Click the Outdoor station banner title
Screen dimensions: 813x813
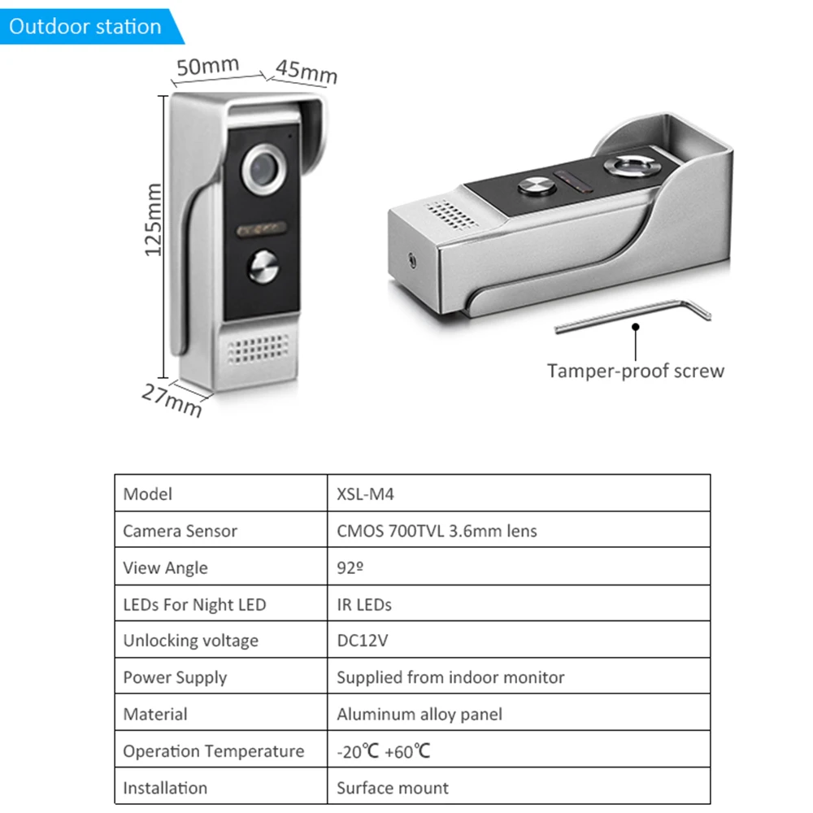coord(85,26)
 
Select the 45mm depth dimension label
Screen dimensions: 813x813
coord(306,72)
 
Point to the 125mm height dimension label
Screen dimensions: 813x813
coord(154,220)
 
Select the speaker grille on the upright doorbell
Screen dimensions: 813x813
coord(259,350)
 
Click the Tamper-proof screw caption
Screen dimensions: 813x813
coord(635,372)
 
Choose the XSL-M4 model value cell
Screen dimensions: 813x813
coord(365,494)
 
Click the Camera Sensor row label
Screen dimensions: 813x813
coord(180,531)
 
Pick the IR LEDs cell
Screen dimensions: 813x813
coord(364,604)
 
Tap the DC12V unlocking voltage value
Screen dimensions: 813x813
coord(363,641)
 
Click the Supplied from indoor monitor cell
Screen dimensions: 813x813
coord(450,677)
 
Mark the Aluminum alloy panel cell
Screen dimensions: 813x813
coord(420,715)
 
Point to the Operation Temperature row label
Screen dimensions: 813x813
coord(213,751)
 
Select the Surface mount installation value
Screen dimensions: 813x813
coord(393,788)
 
